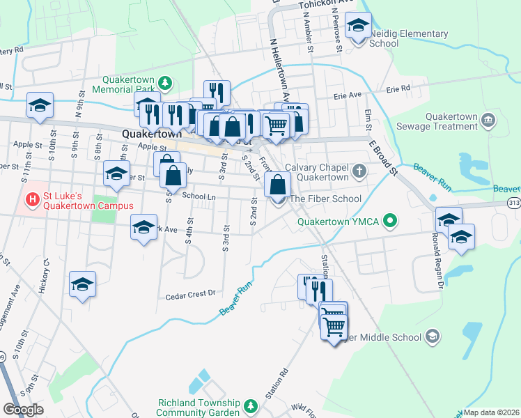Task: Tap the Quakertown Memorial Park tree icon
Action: pos(165,84)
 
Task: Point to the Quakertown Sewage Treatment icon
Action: pos(488,121)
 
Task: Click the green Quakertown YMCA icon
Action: pos(390,222)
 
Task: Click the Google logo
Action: pos(23,410)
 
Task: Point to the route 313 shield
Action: pos(514,203)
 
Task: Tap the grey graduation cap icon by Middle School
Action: pos(433,337)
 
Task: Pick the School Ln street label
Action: pos(199,196)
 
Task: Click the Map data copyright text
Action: pos(492,412)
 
